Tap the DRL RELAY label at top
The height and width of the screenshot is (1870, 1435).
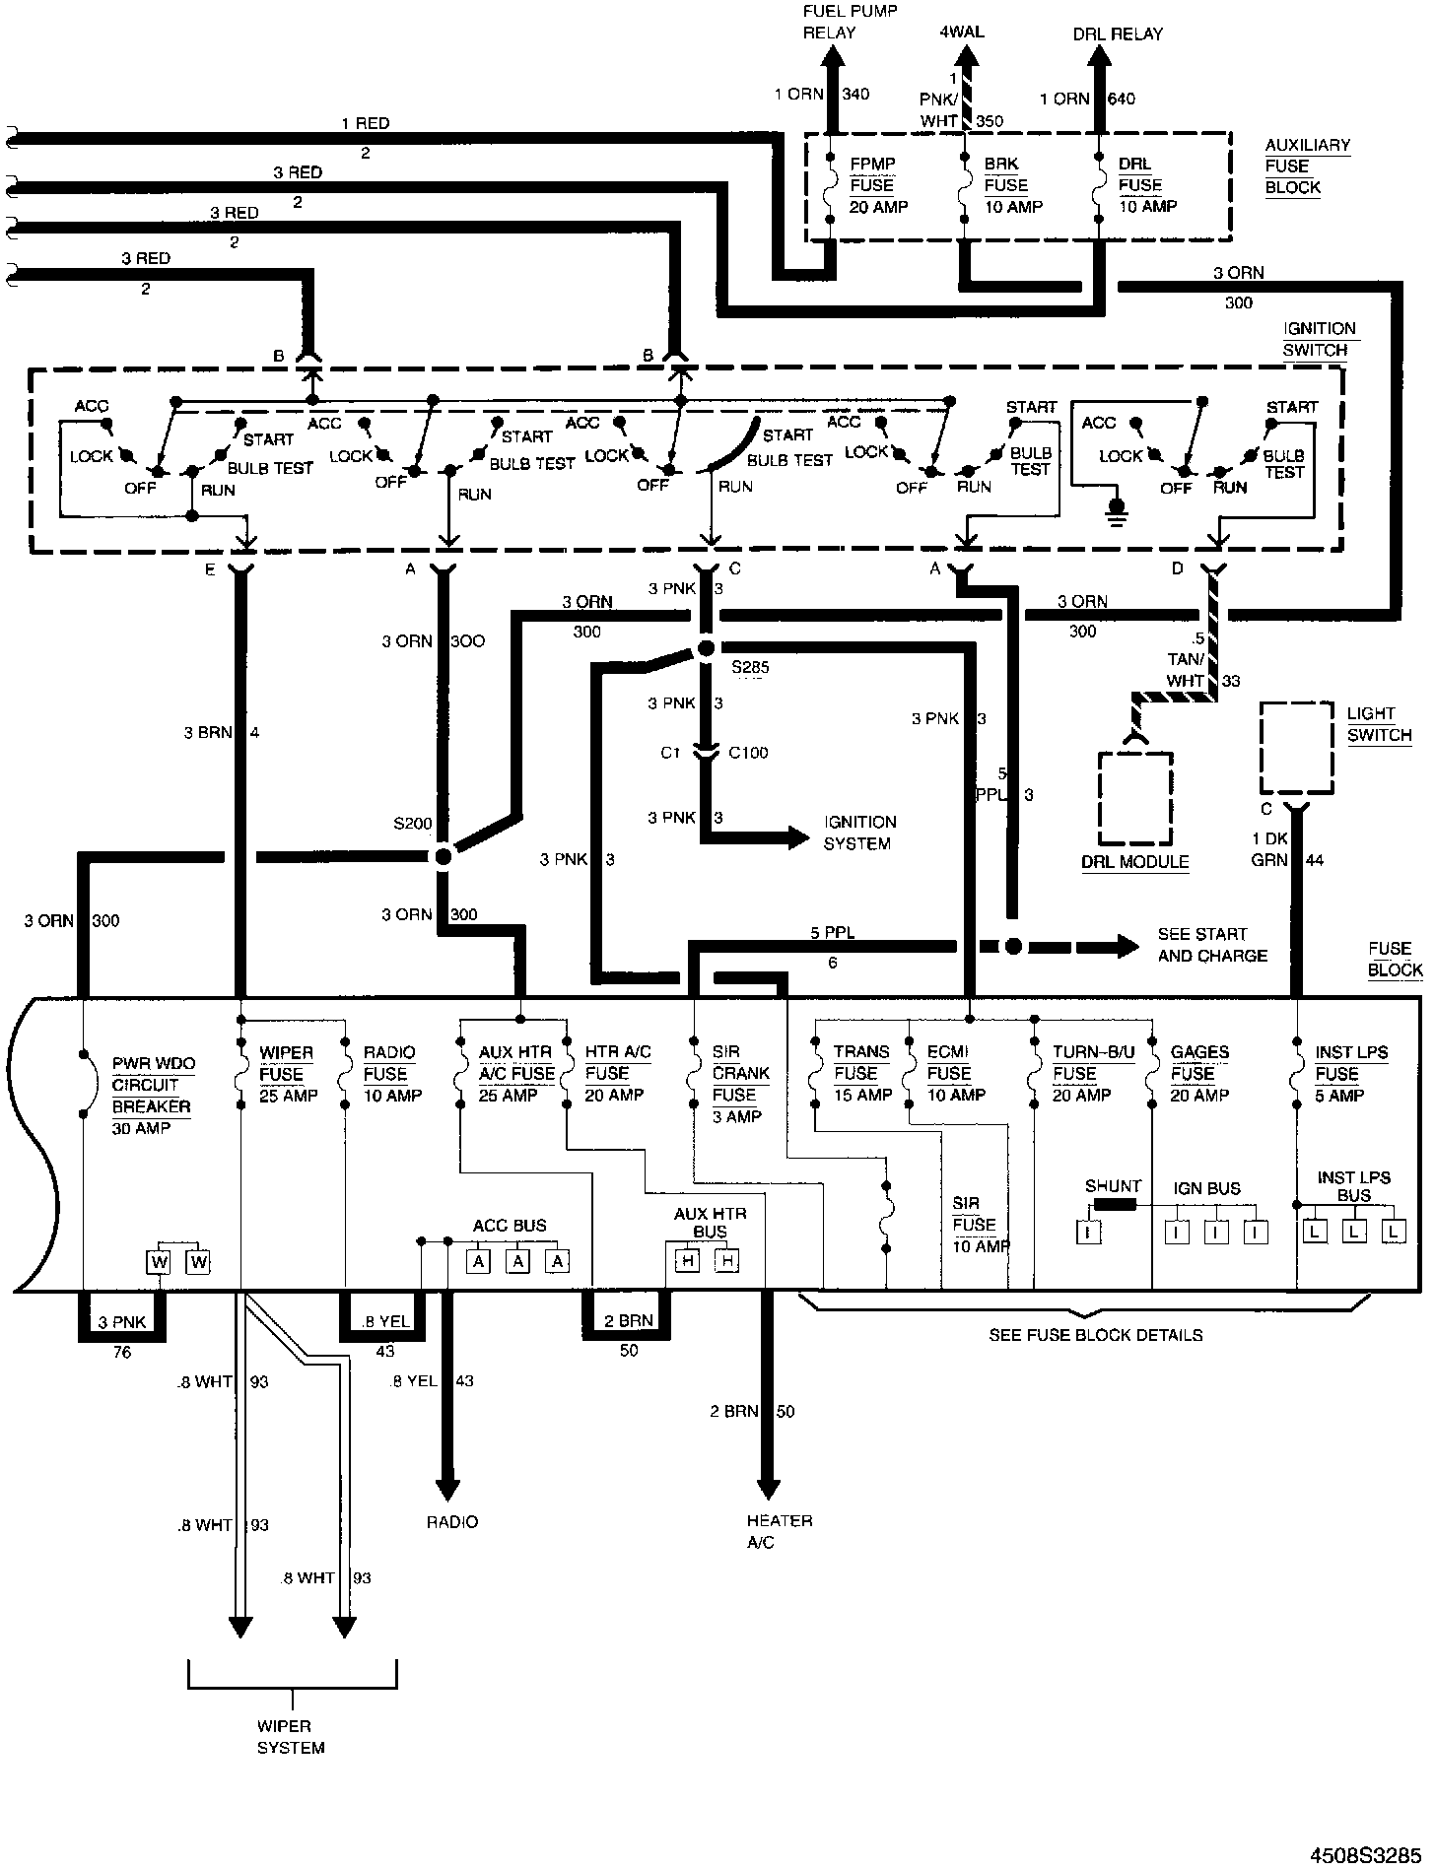pos(1118,33)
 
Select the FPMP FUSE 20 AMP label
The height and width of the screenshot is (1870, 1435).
pos(877,185)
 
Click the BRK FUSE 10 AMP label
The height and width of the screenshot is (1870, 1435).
pos(1012,185)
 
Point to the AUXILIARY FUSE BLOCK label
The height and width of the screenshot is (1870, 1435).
pos(1307,166)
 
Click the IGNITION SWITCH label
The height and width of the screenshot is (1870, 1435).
pos(1319,339)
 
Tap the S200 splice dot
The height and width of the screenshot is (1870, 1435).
pos(443,856)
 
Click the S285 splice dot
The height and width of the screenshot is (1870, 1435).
pos(706,647)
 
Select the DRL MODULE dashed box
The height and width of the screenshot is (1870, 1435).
pos(1136,798)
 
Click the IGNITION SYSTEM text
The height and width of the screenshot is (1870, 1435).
pos(859,833)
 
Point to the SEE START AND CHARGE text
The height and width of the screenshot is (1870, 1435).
pos(1211,945)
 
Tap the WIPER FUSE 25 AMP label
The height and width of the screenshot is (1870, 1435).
pos(287,1074)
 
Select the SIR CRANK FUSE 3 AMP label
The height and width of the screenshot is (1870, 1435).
pos(740,1084)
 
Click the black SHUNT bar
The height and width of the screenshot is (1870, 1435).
pos(1114,1204)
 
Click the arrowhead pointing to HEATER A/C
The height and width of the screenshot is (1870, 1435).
pos(768,1489)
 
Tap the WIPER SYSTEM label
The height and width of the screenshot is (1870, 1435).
pos(291,1737)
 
